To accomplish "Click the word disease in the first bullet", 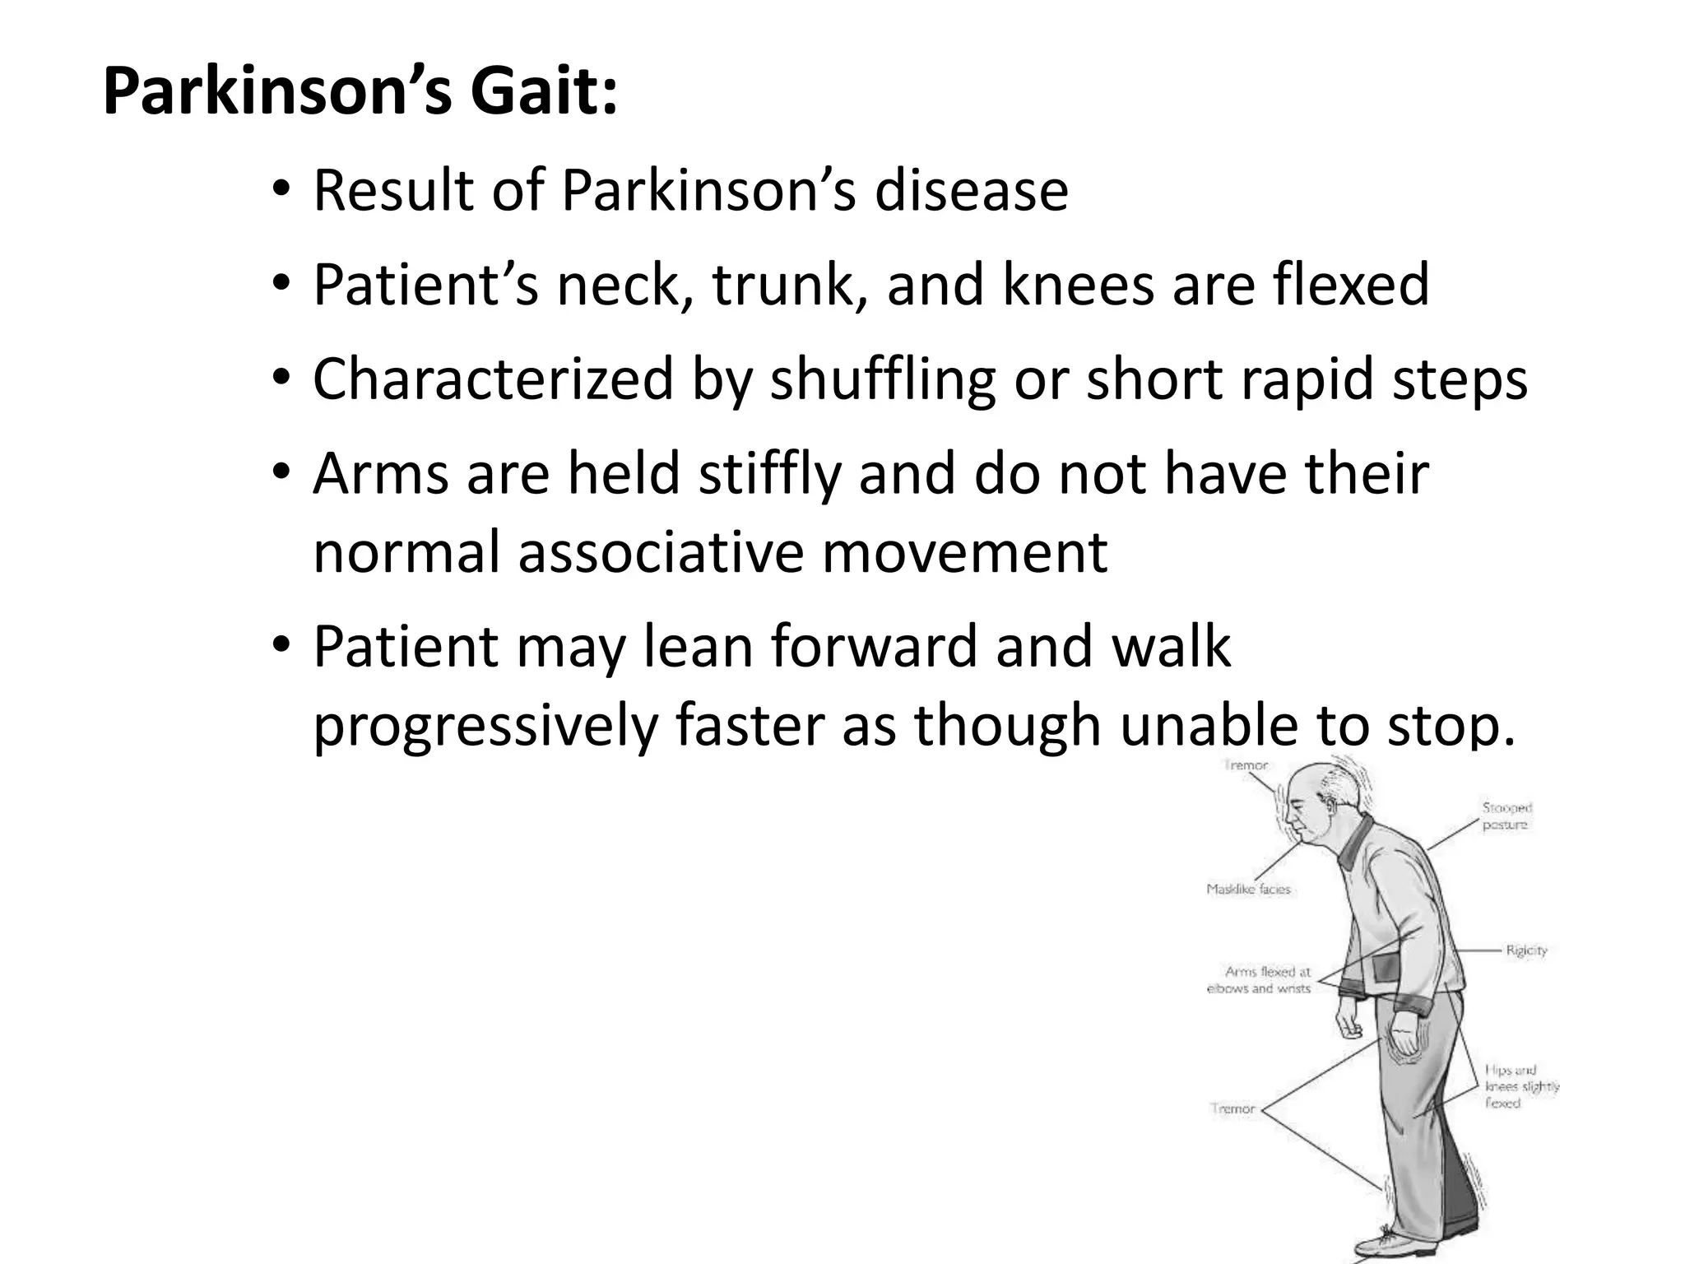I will pyautogui.click(x=971, y=190).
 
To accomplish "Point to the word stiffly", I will pyautogui.click(x=769, y=475).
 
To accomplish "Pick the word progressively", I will pyautogui.click(x=485, y=727).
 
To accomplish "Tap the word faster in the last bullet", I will pyautogui.click(x=751, y=727).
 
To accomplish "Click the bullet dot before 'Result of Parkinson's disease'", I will pyautogui.click(x=282, y=192).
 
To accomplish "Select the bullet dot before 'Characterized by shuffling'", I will pyautogui.click(x=282, y=381).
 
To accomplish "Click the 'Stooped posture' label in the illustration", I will pyautogui.click(x=1506, y=816).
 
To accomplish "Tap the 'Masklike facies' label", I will pyautogui.click(x=1248, y=890).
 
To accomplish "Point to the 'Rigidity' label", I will pyautogui.click(x=1526, y=950).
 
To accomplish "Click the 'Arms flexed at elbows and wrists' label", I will pyautogui.click(x=1259, y=980).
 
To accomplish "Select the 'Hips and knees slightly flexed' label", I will pyautogui.click(x=1521, y=1086).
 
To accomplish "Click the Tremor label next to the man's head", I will pyautogui.click(x=1246, y=765).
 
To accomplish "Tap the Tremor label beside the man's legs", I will pyautogui.click(x=1232, y=1108).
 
